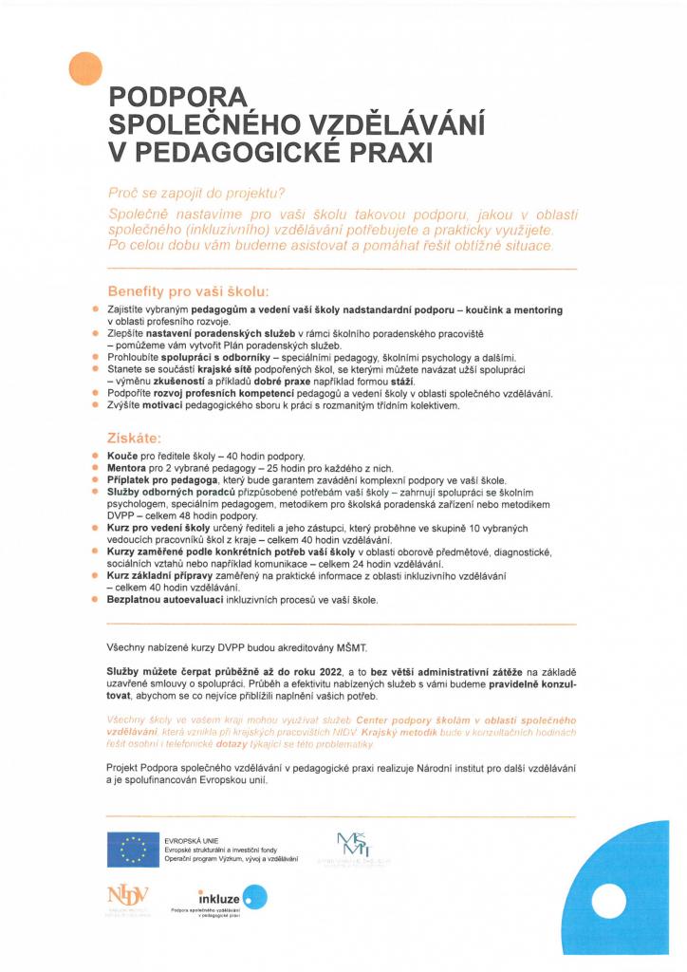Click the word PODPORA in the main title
point(178,98)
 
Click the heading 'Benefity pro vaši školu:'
point(189,290)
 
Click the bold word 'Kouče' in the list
point(121,458)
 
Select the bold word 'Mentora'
point(128,469)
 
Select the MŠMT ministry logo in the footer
point(356,847)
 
